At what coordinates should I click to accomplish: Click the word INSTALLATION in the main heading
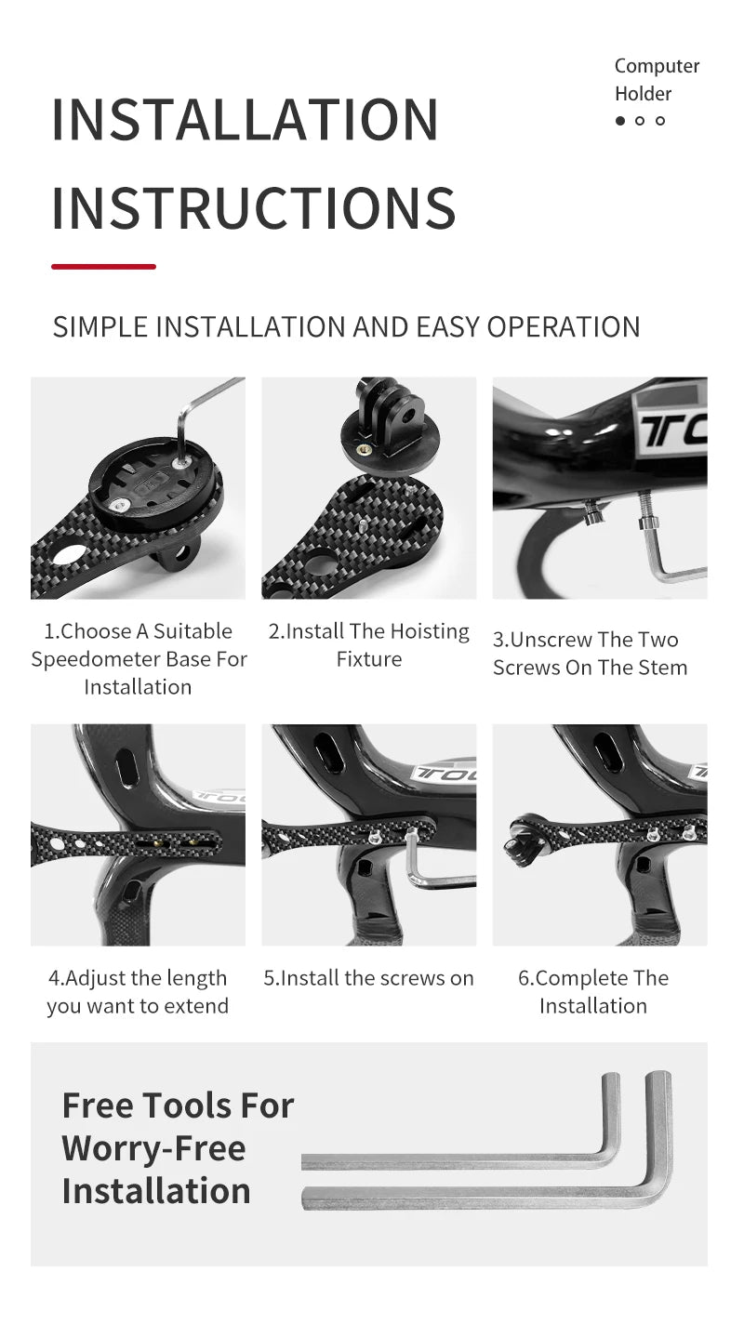click(x=245, y=120)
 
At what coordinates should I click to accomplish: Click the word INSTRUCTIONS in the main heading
click(x=254, y=207)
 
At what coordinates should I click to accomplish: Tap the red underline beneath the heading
click(x=103, y=267)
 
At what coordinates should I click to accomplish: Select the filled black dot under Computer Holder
click(x=619, y=121)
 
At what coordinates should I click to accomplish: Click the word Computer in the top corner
click(x=657, y=66)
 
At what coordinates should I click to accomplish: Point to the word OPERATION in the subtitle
click(x=563, y=327)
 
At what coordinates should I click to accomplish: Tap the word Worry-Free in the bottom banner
click(x=153, y=1149)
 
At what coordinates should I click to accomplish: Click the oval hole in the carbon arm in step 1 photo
click(x=69, y=554)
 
